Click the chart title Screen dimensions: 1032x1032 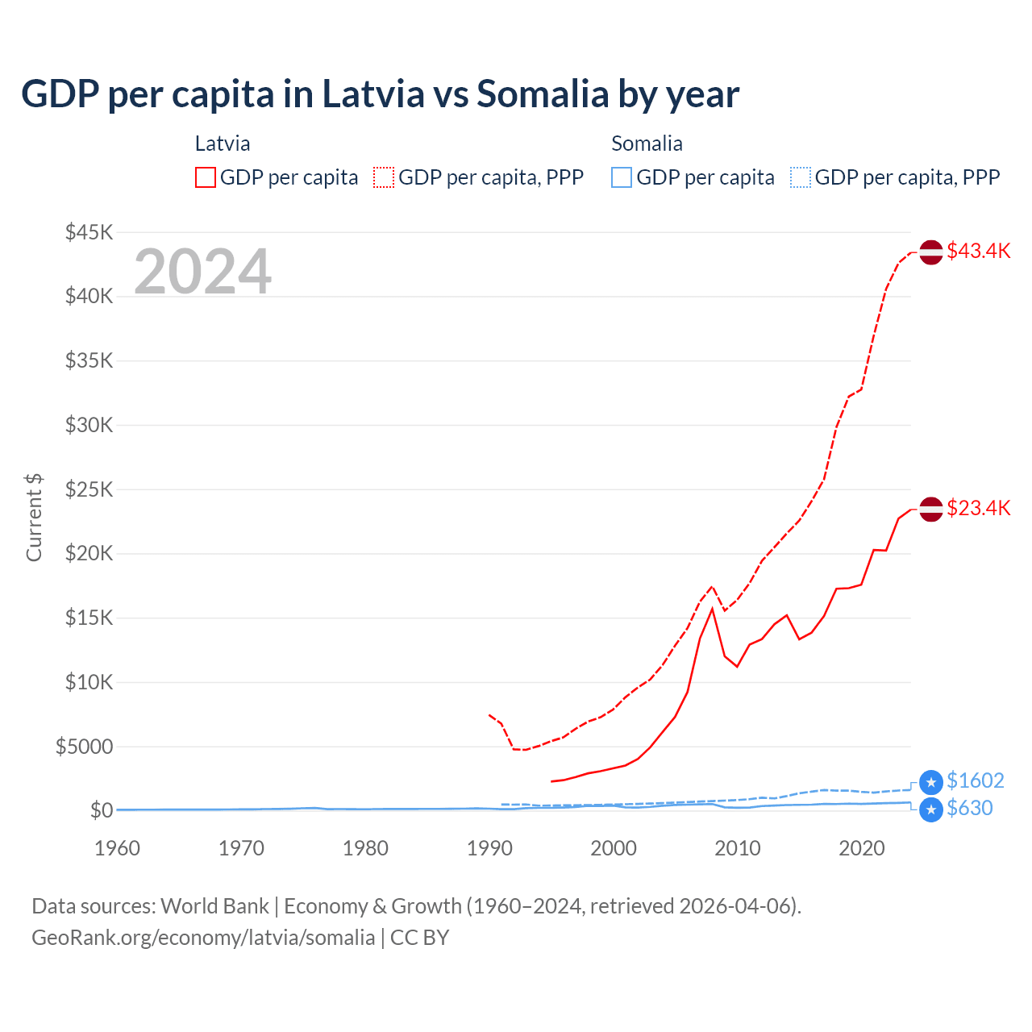tap(380, 94)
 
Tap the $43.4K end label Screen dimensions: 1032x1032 tap(978, 251)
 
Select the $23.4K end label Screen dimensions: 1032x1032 tap(978, 508)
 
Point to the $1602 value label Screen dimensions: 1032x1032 tap(975, 780)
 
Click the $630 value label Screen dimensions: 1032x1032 tap(969, 808)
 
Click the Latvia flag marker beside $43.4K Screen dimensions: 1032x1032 tap(931, 252)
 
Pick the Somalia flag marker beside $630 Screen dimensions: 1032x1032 tap(931, 809)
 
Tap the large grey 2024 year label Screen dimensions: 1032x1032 tap(202, 272)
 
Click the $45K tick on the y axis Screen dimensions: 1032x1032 tap(89, 233)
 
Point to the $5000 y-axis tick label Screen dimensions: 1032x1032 tap(85, 747)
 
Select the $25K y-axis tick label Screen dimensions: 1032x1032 tap(89, 489)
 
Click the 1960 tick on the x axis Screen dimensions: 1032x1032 tap(118, 848)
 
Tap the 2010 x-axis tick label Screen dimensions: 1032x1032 tap(738, 848)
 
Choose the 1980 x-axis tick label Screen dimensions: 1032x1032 tap(365, 848)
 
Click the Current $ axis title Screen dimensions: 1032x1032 tap(34, 518)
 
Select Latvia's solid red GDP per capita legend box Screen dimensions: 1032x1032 tap(206, 177)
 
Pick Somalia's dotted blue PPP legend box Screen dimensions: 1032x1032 tap(801, 177)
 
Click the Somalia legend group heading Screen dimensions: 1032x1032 tap(647, 144)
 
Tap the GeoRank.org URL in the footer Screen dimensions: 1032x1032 tap(203, 938)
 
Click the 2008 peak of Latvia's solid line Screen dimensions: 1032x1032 tap(712, 609)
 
